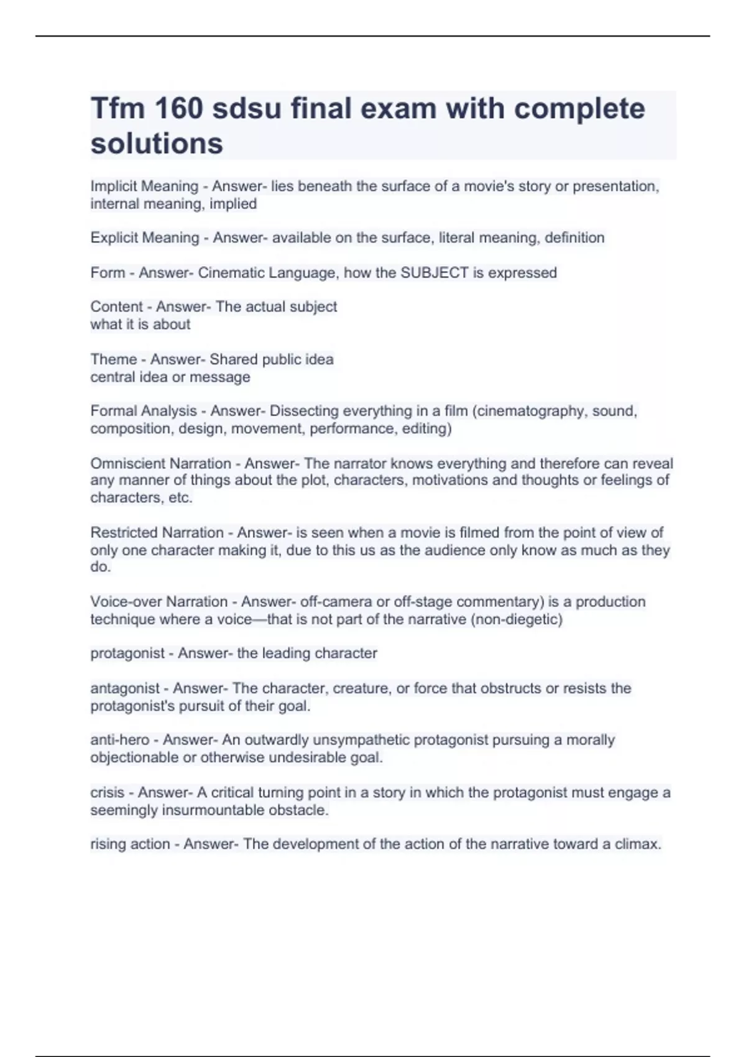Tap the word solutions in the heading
coord(157,144)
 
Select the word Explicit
coord(113,238)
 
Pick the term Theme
coord(113,359)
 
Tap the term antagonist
coord(125,688)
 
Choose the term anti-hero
coord(120,740)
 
